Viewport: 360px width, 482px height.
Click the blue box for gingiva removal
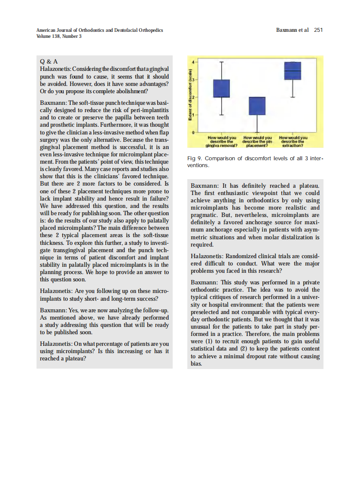tap(222, 88)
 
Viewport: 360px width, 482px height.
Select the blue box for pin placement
tap(257, 106)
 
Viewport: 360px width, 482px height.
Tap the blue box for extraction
tap(293, 70)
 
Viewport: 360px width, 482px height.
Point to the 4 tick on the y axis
tap(193, 62)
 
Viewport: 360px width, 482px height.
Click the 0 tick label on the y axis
tap(193, 132)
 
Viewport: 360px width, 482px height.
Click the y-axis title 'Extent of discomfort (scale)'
tap(189, 98)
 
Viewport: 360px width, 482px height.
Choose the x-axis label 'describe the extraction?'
tap(293, 141)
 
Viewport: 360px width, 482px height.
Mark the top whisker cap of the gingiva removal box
tap(222, 62)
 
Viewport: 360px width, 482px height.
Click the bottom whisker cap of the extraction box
tap(293, 98)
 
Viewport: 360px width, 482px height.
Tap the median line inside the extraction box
tap(293, 70)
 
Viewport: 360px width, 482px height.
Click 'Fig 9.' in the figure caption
tap(195, 159)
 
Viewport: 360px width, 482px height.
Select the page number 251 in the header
tap(318, 30)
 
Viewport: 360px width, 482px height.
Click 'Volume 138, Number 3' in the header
tap(59, 36)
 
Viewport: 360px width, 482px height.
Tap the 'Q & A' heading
tap(49, 62)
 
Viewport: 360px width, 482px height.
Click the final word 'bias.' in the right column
tap(196, 364)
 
